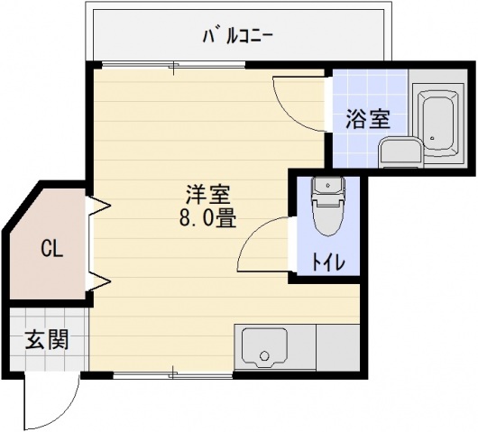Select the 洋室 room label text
click(x=208, y=195)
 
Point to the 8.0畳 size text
click(x=208, y=219)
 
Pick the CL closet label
click(x=51, y=249)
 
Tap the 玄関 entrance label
click(x=45, y=342)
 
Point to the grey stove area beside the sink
click(x=338, y=347)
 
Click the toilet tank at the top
click(x=326, y=186)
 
